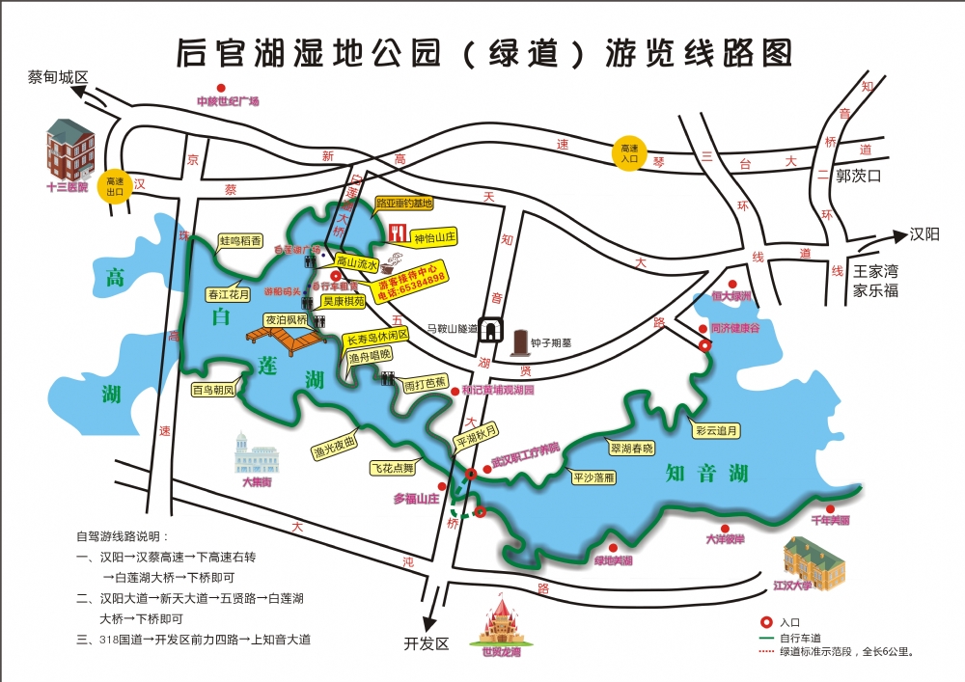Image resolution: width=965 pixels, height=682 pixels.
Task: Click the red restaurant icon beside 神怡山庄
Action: [398, 234]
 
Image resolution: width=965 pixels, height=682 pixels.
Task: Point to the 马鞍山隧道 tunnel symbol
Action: [490, 329]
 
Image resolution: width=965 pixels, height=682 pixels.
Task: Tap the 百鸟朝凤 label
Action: [213, 390]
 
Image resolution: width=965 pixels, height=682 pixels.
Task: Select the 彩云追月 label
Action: [715, 430]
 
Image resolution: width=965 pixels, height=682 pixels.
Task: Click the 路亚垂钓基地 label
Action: [404, 204]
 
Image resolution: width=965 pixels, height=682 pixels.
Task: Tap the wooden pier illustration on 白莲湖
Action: [286, 337]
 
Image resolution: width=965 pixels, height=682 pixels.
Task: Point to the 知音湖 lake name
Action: [707, 473]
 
